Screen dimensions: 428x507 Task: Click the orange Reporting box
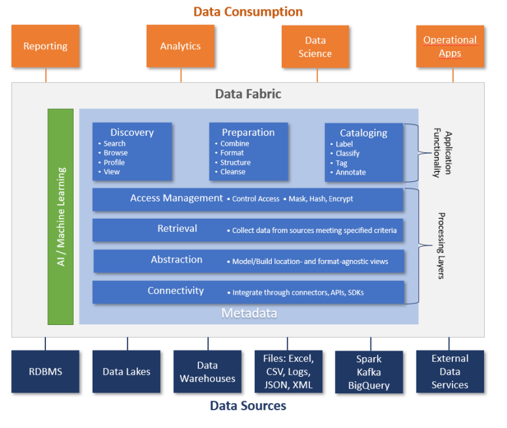pos(45,46)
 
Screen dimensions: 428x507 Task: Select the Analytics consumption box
pos(181,46)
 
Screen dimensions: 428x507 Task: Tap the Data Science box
pos(315,47)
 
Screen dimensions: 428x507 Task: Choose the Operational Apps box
pos(450,47)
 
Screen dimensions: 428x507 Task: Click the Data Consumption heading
pos(248,12)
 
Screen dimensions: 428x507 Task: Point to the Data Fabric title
pos(248,94)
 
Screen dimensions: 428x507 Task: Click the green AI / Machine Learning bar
pos(60,216)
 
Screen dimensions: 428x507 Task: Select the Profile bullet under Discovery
pos(114,162)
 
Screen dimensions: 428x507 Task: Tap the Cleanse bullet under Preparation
pos(232,172)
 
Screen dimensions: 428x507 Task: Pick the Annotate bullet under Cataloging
pos(350,173)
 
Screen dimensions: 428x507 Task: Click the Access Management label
pos(177,198)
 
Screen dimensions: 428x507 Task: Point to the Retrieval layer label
pos(177,229)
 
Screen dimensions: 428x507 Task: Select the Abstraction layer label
pos(177,260)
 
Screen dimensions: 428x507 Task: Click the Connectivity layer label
pos(175,291)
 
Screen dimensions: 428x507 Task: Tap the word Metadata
pos(249,313)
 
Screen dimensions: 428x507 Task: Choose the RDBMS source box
pos(45,372)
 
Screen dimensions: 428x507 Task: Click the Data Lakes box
pos(126,372)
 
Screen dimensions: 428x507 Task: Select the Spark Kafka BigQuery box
pos(369,372)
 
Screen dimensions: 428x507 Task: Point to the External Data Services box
pos(450,372)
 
